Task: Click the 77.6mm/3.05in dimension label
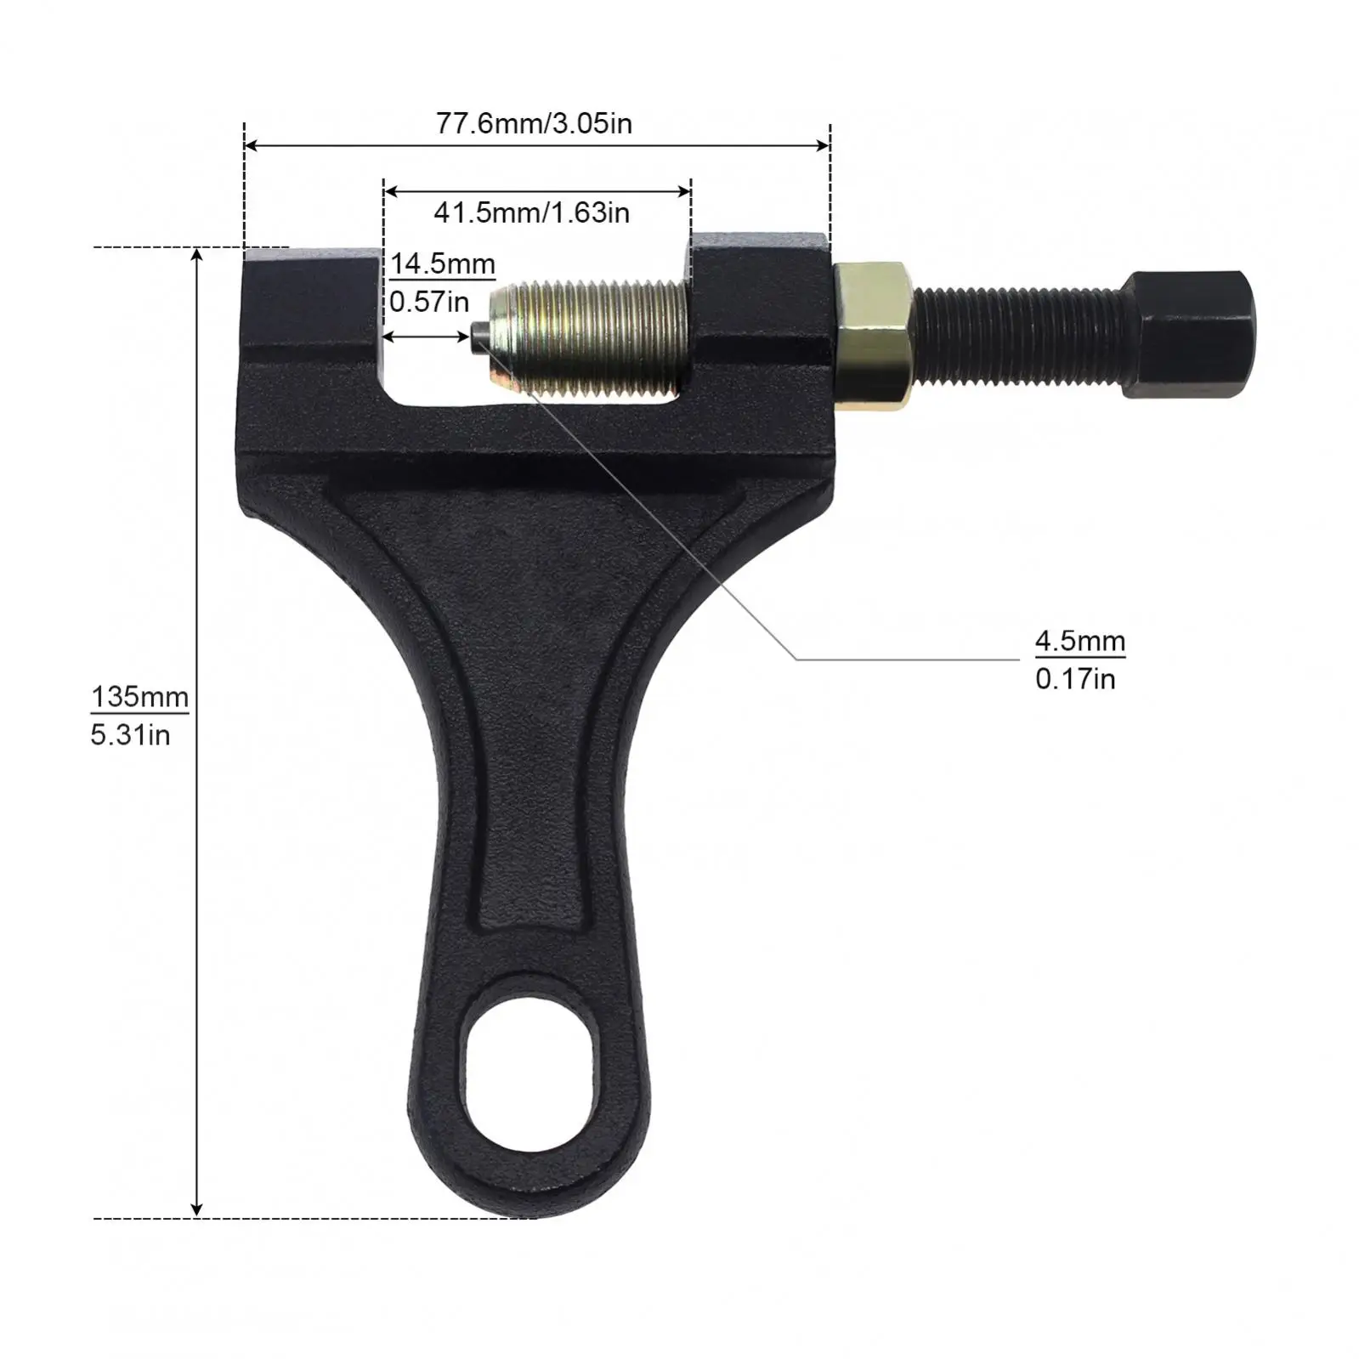click(x=534, y=124)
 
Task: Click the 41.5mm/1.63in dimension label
click(x=532, y=212)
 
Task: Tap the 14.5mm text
click(x=442, y=263)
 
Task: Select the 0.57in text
click(x=429, y=301)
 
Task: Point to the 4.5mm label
click(x=1079, y=641)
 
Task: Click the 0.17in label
click(x=1075, y=679)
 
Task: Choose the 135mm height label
click(x=139, y=697)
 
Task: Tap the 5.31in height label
click(x=130, y=735)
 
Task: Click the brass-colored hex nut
click(x=874, y=335)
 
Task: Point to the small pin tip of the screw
click(x=478, y=337)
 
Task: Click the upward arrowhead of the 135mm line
click(x=197, y=255)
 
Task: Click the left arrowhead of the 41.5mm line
click(x=390, y=192)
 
